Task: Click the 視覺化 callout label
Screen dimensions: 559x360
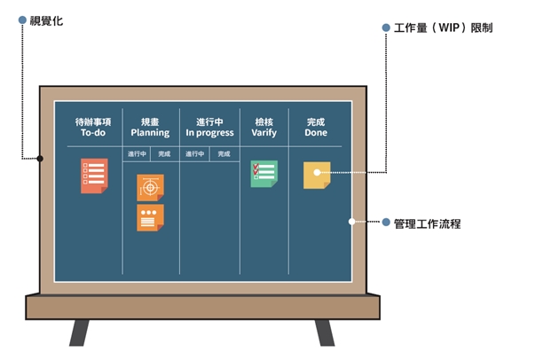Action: click(x=46, y=21)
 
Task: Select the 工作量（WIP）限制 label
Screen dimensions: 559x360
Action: click(x=443, y=27)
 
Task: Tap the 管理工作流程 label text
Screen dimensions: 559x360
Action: click(x=427, y=223)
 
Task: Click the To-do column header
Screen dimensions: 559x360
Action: click(x=93, y=128)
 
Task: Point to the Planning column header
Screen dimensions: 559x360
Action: click(x=150, y=128)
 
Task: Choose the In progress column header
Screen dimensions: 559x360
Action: click(x=209, y=128)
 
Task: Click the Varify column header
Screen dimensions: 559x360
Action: click(x=264, y=128)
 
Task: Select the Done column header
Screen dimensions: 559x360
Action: click(x=316, y=128)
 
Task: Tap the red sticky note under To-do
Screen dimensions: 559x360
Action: click(x=94, y=176)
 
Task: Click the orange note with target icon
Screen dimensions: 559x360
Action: click(x=151, y=188)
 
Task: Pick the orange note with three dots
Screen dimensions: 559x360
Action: click(x=151, y=218)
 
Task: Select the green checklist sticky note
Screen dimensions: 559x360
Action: click(x=264, y=174)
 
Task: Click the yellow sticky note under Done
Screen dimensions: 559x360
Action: click(x=317, y=176)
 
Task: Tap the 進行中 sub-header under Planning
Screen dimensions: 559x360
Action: click(x=137, y=154)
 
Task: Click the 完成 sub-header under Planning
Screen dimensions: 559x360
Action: click(x=164, y=154)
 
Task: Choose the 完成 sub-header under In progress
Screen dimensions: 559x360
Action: click(x=224, y=154)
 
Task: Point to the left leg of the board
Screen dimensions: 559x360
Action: click(x=79, y=333)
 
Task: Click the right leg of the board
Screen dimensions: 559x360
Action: click(x=325, y=333)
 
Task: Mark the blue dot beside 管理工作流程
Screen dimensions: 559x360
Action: click(x=386, y=222)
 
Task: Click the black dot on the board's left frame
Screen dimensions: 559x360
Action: click(x=40, y=159)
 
